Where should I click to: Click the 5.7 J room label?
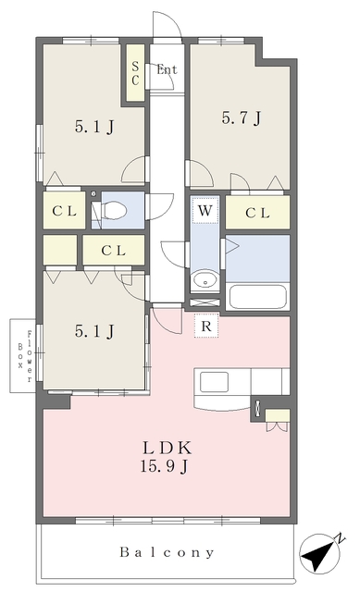(241, 118)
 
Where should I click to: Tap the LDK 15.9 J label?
(166, 457)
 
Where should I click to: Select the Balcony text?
(167, 553)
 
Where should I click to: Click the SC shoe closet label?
(135, 73)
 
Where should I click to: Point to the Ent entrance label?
(167, 69)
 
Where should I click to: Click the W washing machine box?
(205, 210)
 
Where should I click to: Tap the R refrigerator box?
(205, 326)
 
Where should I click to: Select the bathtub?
(257, 297)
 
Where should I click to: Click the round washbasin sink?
(205, 281)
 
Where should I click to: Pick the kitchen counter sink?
(214, 382)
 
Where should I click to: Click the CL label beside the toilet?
(64, 211)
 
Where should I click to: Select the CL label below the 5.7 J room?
(257, 213)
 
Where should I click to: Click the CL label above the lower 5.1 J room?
(113, 251)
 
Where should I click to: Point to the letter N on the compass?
(341, 538)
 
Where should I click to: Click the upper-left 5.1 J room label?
(94, 127)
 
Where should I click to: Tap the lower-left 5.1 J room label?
(94, 331)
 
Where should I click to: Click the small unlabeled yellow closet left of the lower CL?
(59, 250)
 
